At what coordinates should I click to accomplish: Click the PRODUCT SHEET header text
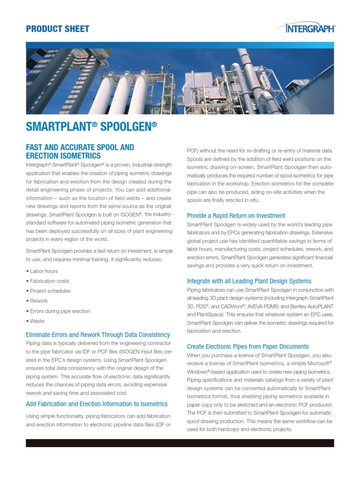click(x=57, y=29)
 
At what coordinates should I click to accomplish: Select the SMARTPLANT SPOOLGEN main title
click(x=91, y=127)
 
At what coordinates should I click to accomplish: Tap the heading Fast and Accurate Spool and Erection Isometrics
click(x=80, y=151)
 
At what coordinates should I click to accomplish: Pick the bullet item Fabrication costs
click(x=49, y=281)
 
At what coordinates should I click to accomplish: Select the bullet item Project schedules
click(x=50, y=291)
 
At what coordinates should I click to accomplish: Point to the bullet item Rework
click(x=39, y=301)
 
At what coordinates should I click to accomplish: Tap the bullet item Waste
click(x=37, y=321)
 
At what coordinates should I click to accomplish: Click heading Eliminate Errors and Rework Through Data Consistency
click(x=97, y=335)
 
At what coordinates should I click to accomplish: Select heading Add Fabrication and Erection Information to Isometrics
click(x=97, y=404)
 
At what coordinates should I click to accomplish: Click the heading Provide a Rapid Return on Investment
click(x=236, y=216)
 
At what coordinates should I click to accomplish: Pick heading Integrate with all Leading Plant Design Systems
click(x=249, y=281)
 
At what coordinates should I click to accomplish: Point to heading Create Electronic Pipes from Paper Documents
click(x=247, y=346)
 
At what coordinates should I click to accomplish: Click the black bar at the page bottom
click(x=180, y=443)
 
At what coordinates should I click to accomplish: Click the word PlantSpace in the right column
click(x=211, y=315)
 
